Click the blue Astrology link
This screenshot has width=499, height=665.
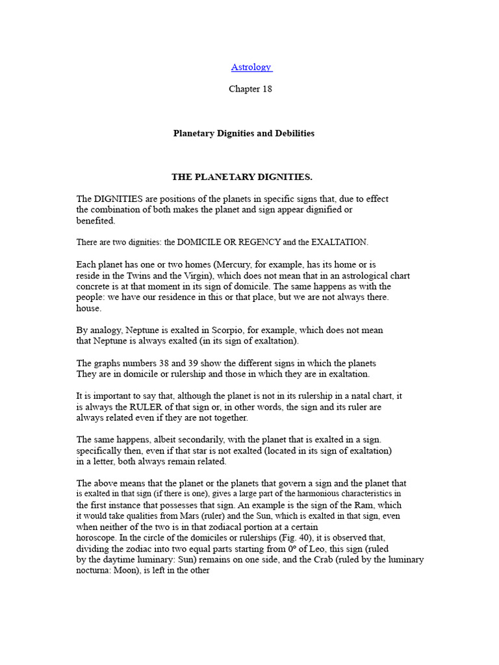(251, 68)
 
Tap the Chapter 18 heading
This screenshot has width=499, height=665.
(250, 89)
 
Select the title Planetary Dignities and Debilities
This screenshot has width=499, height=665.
(244, 133)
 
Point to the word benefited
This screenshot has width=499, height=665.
(95, 221)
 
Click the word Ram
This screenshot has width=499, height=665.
(376, 505)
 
